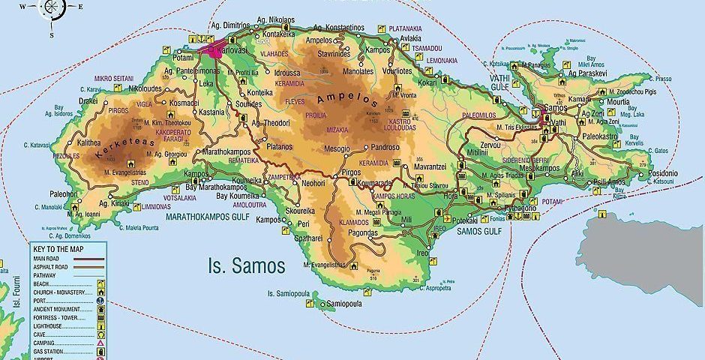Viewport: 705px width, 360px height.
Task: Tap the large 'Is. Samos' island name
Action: point(246,265)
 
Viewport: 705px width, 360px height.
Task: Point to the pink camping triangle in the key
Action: point(100,342)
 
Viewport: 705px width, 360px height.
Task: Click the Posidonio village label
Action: point(661,173)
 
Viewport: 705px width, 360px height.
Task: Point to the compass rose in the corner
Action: point(52,8)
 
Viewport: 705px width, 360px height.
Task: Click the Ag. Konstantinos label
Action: point(334,27)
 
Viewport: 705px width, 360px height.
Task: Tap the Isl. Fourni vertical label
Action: point(16,293)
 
